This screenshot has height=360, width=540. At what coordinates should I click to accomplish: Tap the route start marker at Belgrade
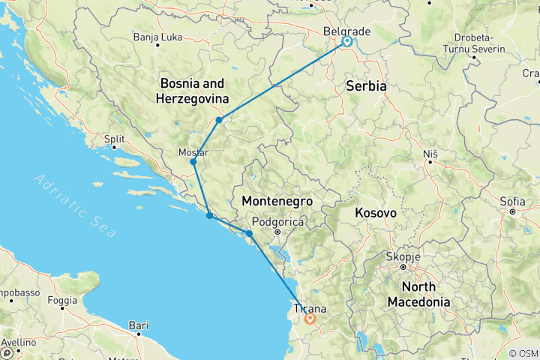pos(346,42)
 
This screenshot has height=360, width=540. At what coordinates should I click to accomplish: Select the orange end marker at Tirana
pos(309,319)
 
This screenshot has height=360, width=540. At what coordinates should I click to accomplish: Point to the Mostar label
pos(193,152)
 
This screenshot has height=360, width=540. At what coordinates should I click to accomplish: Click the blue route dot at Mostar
pos(193,162)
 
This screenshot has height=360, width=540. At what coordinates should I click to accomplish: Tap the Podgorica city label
pos(277,222)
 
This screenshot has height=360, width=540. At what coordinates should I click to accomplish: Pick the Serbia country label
pos(366,86)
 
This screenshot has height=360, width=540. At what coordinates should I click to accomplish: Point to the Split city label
pos(114,139)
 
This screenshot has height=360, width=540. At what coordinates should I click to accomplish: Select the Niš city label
pos(430,153)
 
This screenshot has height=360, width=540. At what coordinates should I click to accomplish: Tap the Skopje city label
pos(402,256)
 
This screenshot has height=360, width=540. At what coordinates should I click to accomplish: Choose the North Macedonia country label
pos(418,294)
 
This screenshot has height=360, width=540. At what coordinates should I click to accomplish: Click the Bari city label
pos(138,325)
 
